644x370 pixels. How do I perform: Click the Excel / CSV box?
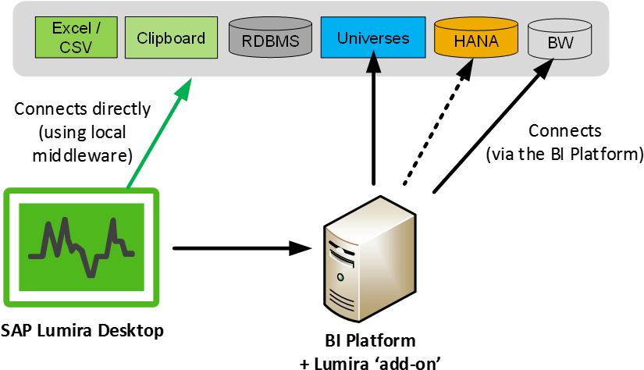[76, 37]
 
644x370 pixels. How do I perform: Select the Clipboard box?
[171, 37]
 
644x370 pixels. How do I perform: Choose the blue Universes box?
[373, 37]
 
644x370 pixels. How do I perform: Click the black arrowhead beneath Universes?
[374, 64]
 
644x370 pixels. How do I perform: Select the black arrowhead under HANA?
[466, 69]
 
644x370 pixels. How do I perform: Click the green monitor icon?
[81, 247]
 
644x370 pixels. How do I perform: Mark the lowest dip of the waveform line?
[92, 272]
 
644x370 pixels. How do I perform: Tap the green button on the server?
[340, 277]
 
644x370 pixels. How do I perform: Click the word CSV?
[76, 46]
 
